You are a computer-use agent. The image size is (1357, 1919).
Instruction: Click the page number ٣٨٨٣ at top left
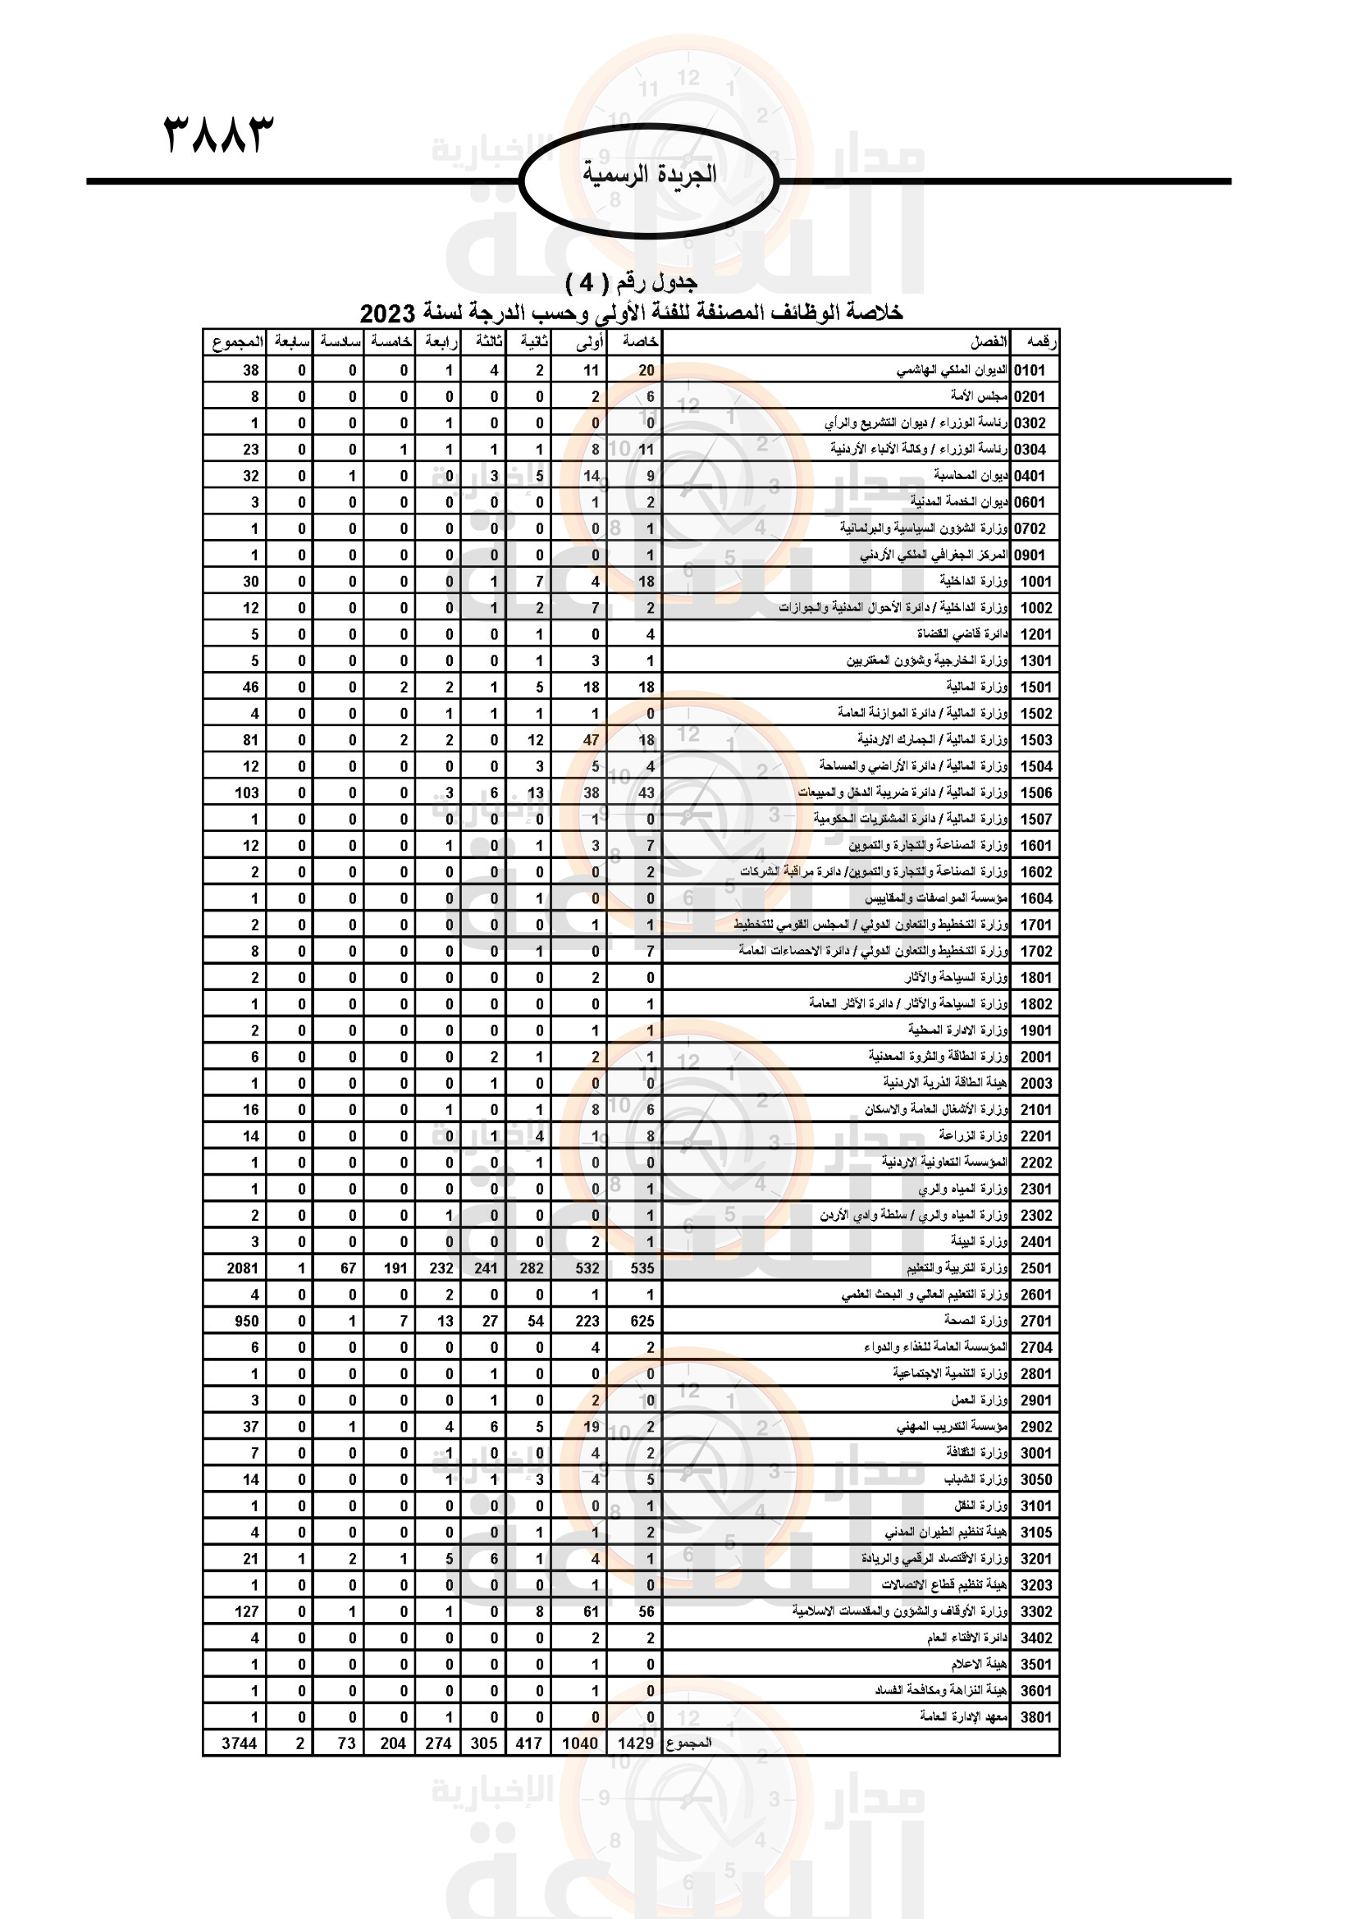click(218, 135)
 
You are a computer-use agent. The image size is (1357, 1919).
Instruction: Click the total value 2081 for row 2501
click(242, 1268)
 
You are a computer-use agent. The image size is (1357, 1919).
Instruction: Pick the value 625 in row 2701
click(642, 1321)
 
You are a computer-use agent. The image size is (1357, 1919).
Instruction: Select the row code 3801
click(1035, 1716)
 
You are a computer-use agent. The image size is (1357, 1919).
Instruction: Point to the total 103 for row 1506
click(246, 793)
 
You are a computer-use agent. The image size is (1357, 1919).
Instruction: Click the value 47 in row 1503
click(591, 740)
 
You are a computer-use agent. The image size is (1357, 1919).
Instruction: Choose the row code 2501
click(1035, 1268)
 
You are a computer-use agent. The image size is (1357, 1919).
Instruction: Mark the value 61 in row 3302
click(591, 1611)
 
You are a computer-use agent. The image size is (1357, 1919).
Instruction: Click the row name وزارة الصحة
click(975, 1320)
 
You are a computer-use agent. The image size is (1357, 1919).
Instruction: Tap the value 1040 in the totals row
click(579, 1743)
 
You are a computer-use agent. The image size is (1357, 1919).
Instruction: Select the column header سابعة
click(291, 342)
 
